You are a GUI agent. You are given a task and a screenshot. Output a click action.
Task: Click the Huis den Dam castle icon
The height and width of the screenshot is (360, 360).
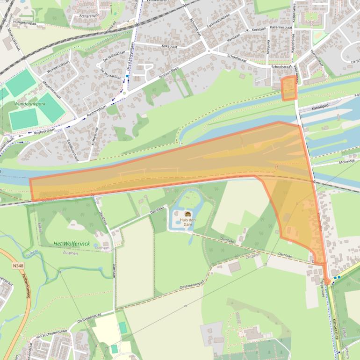point(188,214)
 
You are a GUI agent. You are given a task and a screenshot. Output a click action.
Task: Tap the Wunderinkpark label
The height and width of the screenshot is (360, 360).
point(30,104)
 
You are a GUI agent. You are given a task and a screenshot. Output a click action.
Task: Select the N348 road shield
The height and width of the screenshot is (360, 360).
point(18,266)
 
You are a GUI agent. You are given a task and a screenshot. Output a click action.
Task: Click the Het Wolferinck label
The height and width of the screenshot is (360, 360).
point(71,244)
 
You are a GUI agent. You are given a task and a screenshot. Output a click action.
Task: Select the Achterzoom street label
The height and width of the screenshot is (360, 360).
point(89,15)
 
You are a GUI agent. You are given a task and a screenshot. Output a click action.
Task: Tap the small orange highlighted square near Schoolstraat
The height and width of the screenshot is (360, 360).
point(289,88)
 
